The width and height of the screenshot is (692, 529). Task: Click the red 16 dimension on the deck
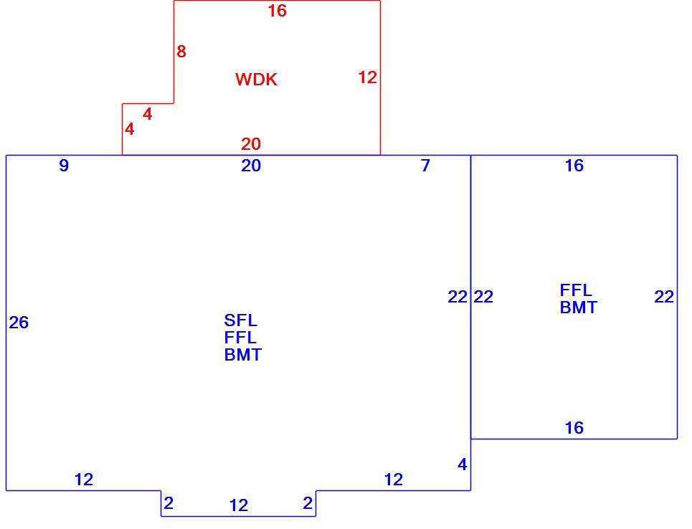[277, 11]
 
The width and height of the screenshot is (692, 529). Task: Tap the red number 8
[181, 52]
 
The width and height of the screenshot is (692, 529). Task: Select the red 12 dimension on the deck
[367, 77]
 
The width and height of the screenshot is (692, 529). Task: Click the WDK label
[256, 80]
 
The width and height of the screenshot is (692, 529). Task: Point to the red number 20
[251, 144]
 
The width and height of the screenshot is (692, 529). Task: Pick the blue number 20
[251, 166]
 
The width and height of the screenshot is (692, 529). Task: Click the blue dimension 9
[64, 166]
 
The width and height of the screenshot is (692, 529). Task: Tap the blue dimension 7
[425, 166]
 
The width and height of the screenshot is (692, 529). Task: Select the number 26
[19, 323]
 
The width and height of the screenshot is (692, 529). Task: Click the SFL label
[240, 320]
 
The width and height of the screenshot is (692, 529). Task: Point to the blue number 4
[462, 464]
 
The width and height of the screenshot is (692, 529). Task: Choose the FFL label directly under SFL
[240, 338]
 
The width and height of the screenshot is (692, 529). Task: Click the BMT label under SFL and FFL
[242, 355]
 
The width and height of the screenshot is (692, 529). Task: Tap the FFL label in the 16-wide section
[576, 290]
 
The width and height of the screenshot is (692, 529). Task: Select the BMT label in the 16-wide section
[579, 308]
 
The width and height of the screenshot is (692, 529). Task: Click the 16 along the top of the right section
[574, 166]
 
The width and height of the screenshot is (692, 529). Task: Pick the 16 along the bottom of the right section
[574, 427]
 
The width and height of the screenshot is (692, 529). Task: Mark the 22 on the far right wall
[664, 297]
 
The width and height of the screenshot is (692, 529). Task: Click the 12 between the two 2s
[238, 505]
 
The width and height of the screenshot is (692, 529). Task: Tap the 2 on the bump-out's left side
[168, 503]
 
